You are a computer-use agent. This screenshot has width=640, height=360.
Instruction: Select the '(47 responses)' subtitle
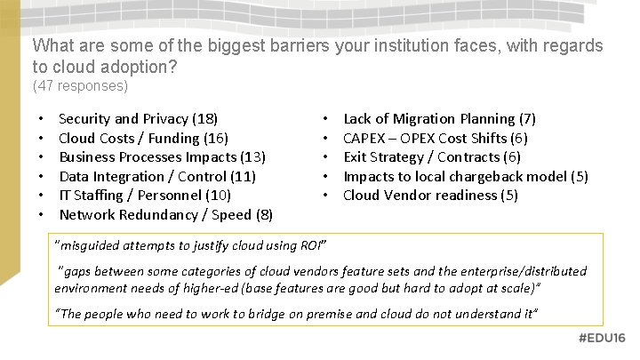pyautogui.click(x=80, y=86)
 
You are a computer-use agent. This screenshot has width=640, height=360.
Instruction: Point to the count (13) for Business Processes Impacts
pyautogui.click(x=252, y=157)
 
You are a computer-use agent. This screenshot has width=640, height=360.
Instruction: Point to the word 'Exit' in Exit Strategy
pyautogui.click(x=355, y=157)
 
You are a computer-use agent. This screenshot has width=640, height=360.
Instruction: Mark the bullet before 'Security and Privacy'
pyautogui.click(x=42, y=119)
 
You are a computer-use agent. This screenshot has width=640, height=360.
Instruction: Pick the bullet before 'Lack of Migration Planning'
pyautogui.click(x=326, y=119)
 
